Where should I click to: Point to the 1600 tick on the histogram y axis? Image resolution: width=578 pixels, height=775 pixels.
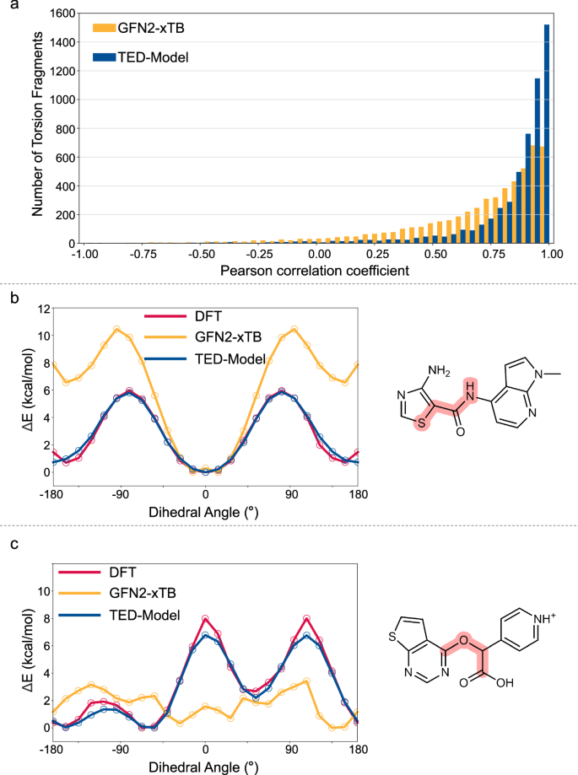[61, 14]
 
